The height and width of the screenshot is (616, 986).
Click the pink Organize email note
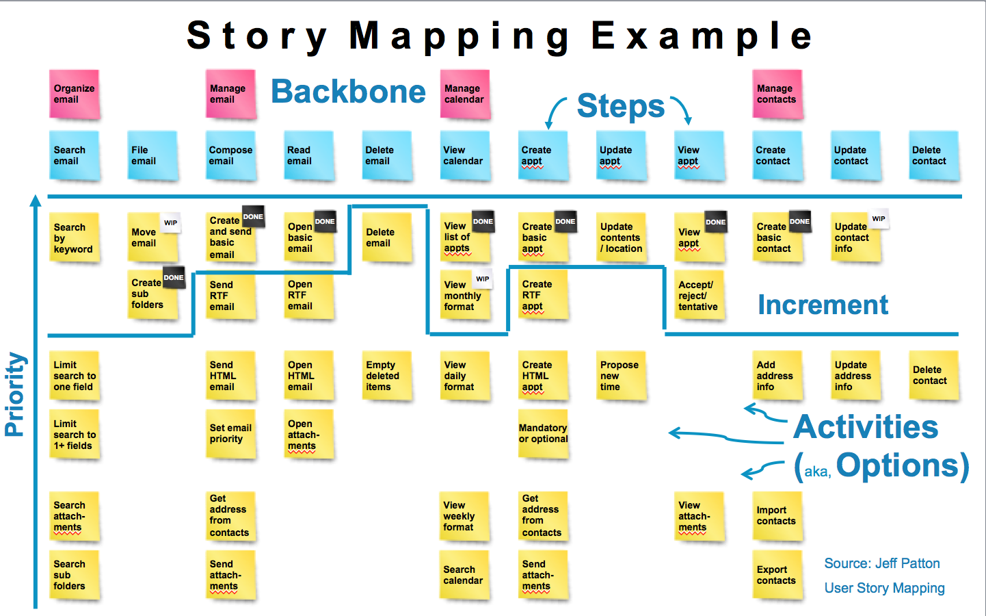coord(75,94)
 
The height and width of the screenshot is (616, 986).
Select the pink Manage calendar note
coord(465,94)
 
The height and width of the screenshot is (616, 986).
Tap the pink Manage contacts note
coord(777,94)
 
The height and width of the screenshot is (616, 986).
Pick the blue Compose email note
coord(231,155)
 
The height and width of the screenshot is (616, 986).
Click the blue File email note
coord(152,155)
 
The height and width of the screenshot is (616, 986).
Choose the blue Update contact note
coord(855,155)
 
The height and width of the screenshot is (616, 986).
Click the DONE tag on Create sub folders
coord(174,277)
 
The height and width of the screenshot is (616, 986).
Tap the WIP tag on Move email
coord(171,222)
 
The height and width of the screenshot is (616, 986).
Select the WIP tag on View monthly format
coord(483,279)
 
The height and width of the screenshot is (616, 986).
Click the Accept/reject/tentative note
coord(699,296)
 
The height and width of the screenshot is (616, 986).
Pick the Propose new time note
coord(621,376)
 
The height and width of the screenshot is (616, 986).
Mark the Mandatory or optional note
coord(544,434)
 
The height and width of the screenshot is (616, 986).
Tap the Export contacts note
coord(777,575)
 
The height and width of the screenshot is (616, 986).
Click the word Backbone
coord(348,92)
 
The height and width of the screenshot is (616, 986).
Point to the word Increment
coord(823,305)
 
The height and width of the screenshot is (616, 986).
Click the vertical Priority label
coord(15,394)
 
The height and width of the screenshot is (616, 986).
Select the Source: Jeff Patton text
coord(882,563)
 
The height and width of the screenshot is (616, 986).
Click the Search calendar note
coord(464,575)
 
